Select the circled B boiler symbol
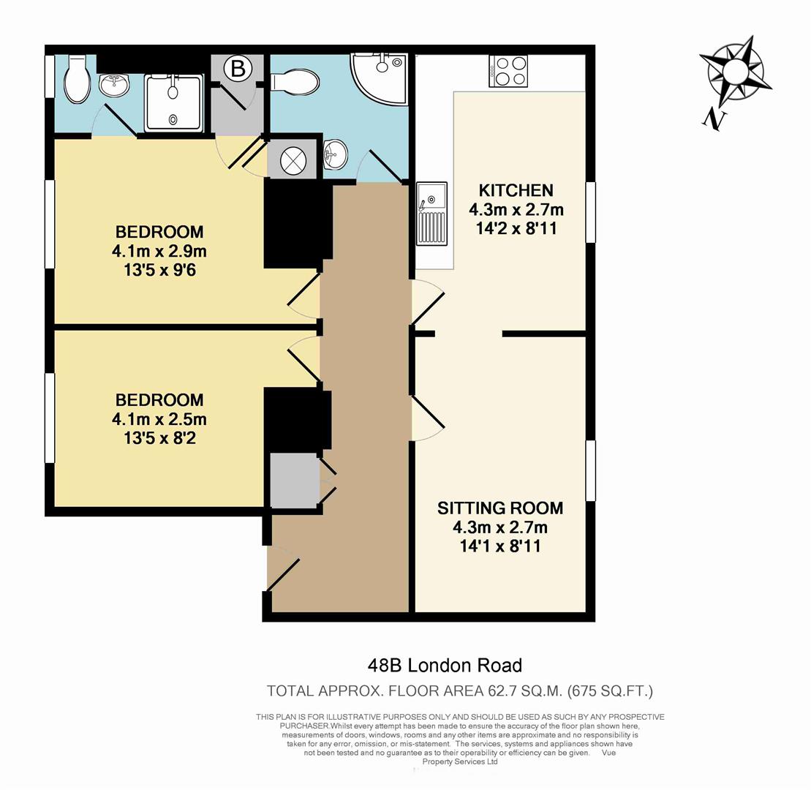coord(237,69)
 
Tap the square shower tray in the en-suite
coord(173,103)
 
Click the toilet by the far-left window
coord(75,82)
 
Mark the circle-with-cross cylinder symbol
coord(293,157)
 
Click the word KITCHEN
coord(517,190)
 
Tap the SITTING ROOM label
coord(500,508)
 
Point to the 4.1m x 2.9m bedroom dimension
coord(159,252)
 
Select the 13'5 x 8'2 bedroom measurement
coord(159,439)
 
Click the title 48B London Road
coord(445,666)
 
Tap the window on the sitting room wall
coord(590,471)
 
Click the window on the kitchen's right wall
coord(590,212)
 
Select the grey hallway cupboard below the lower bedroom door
coord(293,480)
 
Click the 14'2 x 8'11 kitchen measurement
coord(517,228)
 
